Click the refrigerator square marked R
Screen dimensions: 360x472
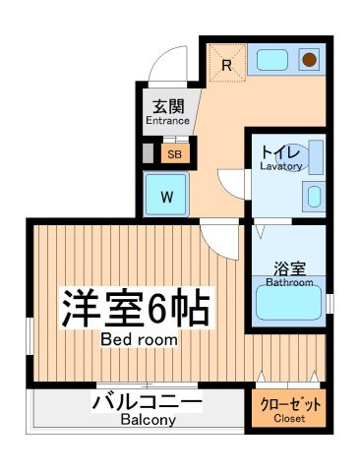coord(226,62)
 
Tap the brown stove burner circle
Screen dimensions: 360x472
coord(309,60)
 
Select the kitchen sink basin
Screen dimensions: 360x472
coord(272,60)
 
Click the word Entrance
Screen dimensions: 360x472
coord(167,121)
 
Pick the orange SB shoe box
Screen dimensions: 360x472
coord(175,153)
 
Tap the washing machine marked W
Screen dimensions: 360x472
coord(166,195)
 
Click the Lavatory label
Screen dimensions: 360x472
coord(281,166)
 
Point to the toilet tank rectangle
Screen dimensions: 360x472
coord(316,157)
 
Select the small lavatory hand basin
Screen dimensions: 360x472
coord(314,197)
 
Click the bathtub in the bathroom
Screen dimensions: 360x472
coord(288,302)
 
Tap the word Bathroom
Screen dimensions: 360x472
coord(289,282)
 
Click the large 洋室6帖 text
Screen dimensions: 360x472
coord(136,308)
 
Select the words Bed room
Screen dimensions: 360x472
coord(139,339)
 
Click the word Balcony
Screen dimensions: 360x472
coord(148,419)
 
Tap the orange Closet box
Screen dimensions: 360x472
coord(288,408)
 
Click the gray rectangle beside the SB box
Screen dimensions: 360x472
coord(149,153)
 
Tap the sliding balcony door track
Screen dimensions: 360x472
coord(147,384)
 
